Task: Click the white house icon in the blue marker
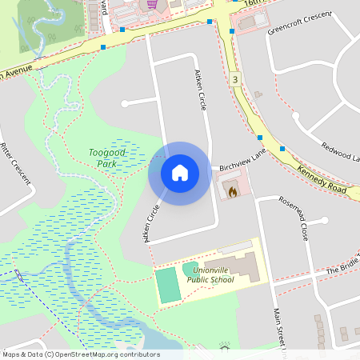179,172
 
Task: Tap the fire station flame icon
232,192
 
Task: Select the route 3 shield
234,79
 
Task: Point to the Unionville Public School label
210,275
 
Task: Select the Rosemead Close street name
294,220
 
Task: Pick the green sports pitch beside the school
167,286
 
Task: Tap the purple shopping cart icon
152,4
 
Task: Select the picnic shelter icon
225,346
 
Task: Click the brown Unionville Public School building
240,266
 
